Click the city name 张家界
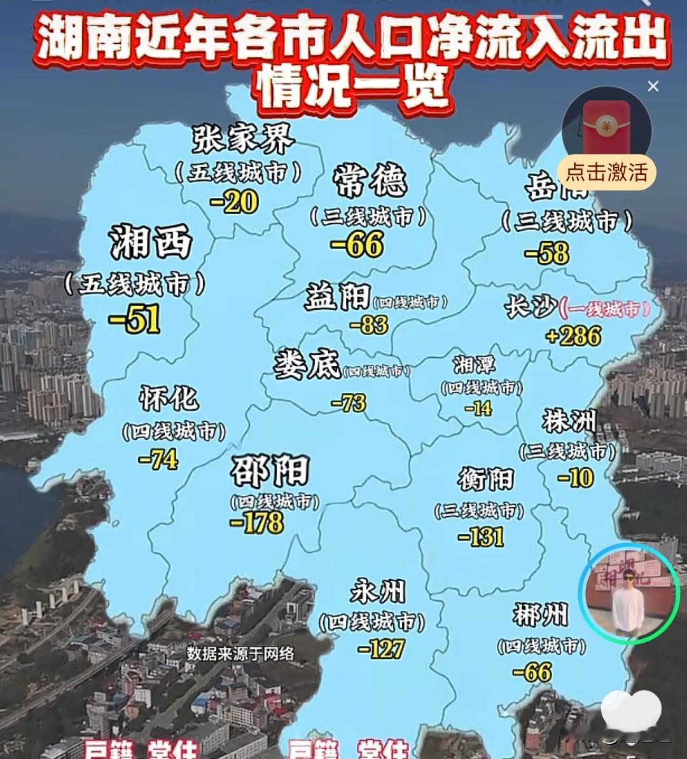pos(242,138)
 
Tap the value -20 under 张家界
pos(233,203)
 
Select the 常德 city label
pos(370,181)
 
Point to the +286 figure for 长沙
pos(573,336)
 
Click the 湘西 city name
pos(151,242)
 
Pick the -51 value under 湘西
pos(134,319)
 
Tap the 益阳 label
pos(337,296)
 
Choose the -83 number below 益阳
pos(369,325)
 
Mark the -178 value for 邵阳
pos(257,523)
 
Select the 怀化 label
pos(169,399)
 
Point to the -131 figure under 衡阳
pos(481,537)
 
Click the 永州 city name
pos(377,592)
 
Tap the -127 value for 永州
pos(381,649)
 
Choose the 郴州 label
pos(540,615)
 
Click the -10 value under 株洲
pos(575,477)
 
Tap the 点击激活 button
pos(606,172)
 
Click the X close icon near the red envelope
pos(653,86)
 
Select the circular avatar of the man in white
pos(628,593)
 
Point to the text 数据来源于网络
pos(240,653)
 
